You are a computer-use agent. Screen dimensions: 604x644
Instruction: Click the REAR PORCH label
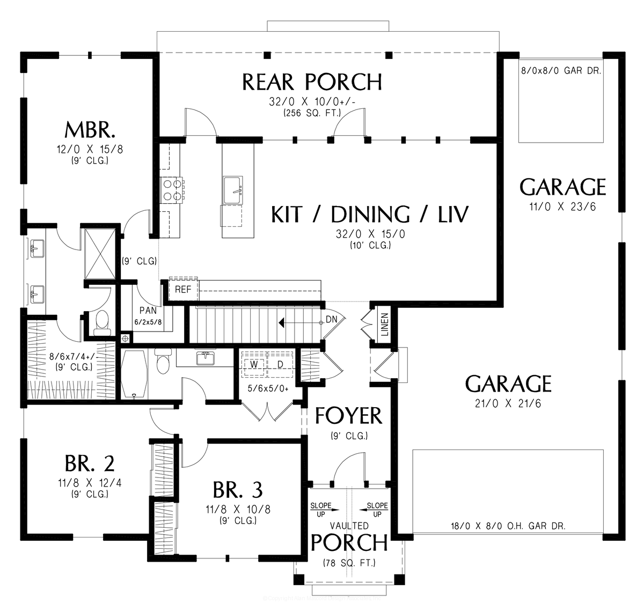[312, 82]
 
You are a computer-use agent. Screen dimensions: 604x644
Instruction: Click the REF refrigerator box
[183, 290]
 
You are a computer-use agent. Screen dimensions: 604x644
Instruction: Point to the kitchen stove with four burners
[172, 190]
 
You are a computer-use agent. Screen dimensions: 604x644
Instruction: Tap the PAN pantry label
[148, 310]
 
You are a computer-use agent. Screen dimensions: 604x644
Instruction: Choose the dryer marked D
[280, 365]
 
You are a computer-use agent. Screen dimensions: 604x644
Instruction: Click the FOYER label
[348, 416]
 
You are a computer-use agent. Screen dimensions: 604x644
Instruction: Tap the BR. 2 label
[90, 462]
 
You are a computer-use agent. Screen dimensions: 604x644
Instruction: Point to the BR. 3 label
[237, 489]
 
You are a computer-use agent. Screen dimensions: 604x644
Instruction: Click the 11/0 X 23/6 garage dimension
[562, 208]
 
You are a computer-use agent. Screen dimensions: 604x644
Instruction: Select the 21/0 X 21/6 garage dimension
[508, 403]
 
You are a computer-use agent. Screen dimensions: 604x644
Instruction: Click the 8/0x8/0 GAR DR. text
[561, 70]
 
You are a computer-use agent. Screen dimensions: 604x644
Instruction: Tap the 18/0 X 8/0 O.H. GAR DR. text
[508, 526]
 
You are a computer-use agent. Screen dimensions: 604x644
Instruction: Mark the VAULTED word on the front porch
[349, 526]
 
